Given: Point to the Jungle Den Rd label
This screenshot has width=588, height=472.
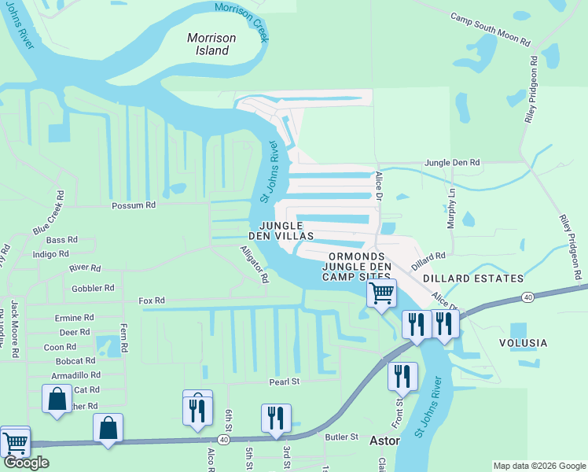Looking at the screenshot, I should [x=452, y=163].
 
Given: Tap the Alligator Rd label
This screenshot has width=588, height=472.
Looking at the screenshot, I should [x=255, y=264].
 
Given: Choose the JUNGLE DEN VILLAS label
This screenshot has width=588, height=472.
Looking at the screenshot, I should [x=281, y=230].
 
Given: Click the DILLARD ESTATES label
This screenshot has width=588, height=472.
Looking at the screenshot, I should [x=472, y=278].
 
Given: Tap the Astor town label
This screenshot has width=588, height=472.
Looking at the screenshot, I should [x=384, y=441].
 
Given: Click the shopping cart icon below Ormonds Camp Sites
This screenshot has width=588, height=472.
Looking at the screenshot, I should [x=381, y=293].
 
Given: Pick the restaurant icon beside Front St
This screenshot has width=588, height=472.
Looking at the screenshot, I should [x=402, y=376].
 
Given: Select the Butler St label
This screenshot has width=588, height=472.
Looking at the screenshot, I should [x=342, y=437].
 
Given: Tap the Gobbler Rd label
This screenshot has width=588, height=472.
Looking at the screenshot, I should [x=93, y=289].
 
